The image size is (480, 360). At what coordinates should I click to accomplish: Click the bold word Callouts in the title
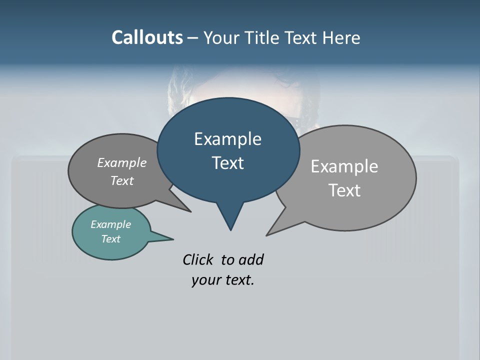pyautogui.click(x=147, y=37)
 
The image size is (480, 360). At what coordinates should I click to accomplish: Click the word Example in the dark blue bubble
pyautogui.click(x=227, y=139)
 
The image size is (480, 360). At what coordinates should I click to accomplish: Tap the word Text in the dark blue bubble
pyautogui.click(x=227, y=163)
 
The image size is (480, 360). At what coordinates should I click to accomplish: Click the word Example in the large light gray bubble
pyautogui.click(x=344, y=166)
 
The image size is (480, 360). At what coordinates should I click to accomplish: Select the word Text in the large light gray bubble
pyautogui.click(x=344, y=190)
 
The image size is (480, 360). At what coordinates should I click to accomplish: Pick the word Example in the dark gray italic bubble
pyautogui.click(x=121, y=163)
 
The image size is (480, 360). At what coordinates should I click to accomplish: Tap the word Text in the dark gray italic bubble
pyautogui.click(x=121, y=181)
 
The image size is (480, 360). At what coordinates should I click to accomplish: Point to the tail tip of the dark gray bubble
pyautogui.click(x=190, y=211)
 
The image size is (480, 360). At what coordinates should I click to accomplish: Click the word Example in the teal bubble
pyautogui.click(x=110, y=225)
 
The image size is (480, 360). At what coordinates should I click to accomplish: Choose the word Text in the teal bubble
pyautogui.click(x=110, y=239)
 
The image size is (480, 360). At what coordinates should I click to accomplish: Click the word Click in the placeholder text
pyautogui.click(x=199, y=260)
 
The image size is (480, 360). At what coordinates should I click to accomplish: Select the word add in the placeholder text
pyautogui.click(x=251, y=260)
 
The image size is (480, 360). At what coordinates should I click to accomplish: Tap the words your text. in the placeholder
pyautogui.click(x=222, y=280)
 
